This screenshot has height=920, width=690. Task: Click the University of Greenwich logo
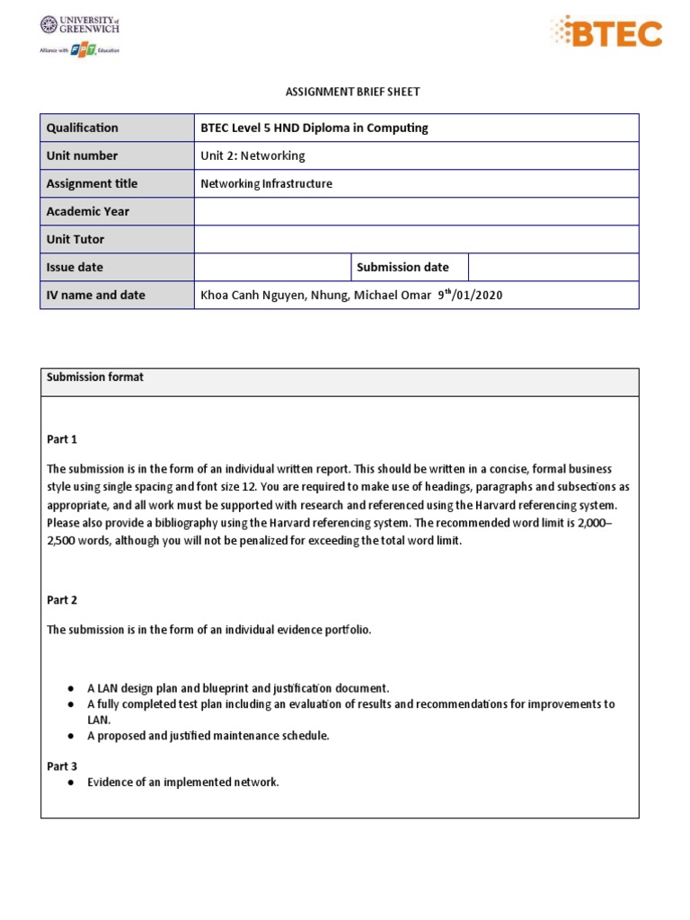point(80,26)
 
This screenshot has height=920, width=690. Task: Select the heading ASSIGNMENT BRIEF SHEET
point(340,92)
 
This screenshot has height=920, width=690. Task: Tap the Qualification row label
point(83,128)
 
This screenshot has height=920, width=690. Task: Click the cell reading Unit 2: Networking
point(253,155)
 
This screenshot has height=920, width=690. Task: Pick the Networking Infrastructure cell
point(266,183)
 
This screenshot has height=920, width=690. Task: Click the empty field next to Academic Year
point(416,211)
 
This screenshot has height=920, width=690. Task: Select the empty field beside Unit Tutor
point(416,239)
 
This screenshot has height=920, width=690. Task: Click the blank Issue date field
point(272,267)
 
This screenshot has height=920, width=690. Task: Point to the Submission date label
point(402,267)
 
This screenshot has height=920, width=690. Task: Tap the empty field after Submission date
point(553,267)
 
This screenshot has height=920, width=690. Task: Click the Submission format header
point(95,377)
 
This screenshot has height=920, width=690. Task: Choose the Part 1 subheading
point(62,439)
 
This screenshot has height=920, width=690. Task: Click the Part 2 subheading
point(62,600)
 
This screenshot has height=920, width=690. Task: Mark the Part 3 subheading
point(62,766)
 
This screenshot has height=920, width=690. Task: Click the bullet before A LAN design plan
point(70,688)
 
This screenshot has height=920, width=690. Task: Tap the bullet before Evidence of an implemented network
point(70,783)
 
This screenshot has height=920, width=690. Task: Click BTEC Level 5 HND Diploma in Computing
point(314,128)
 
